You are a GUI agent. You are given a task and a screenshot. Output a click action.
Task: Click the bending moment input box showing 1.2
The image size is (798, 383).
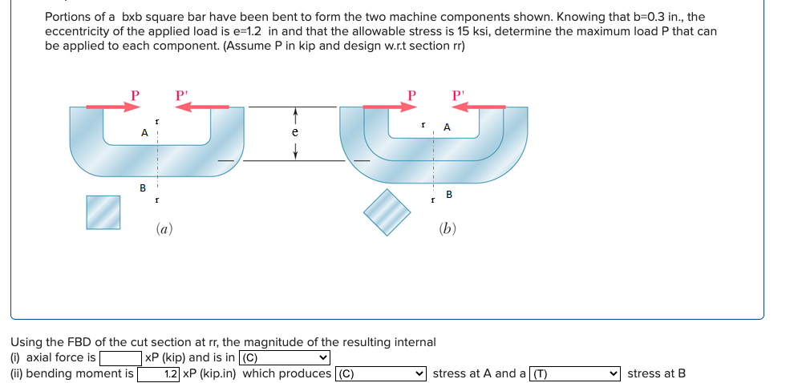point(159,373)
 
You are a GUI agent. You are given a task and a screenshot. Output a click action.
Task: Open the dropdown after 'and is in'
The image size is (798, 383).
point(286,358)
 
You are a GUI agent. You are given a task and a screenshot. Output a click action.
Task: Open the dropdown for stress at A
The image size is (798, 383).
point(381,373)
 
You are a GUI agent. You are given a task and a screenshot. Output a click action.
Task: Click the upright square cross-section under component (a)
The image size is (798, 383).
point(103,212)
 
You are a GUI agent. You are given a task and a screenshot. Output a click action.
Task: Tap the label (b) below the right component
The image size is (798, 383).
point(448,229)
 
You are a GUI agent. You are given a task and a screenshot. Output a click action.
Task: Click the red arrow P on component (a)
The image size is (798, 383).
point(107,106)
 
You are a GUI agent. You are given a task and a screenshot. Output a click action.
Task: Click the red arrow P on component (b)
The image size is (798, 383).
point(385,106)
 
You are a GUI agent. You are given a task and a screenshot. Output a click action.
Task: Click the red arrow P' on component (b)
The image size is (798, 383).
point(478,106)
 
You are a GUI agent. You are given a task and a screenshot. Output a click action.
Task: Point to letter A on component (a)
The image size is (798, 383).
point(144,132)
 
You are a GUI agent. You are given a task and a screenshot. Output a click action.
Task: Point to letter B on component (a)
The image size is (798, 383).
point(143,188)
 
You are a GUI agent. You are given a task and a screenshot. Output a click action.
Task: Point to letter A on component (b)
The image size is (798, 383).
point(447,127)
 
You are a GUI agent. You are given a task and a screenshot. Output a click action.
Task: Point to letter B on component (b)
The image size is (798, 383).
point(448,194)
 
